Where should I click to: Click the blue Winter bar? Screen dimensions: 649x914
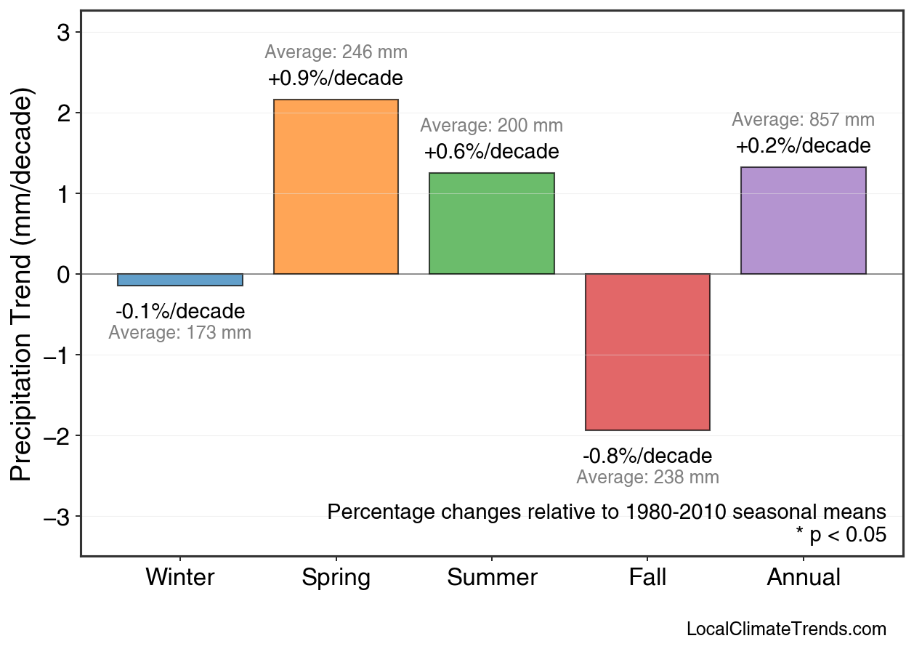coord(180,280)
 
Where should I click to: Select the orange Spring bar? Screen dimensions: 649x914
coord(336,187)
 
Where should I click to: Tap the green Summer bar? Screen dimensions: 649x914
coord(492,223)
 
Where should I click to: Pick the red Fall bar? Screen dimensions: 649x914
coord(647,352)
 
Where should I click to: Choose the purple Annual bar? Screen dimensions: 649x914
coord(804,220)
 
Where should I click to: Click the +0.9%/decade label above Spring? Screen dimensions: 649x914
coord(336,78)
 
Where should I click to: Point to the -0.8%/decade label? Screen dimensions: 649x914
coord(647,456)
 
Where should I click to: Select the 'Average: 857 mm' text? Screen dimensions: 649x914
coord(803,120)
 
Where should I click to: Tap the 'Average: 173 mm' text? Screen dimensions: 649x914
coord(179,333)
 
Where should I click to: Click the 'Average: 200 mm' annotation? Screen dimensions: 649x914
coord(491,125)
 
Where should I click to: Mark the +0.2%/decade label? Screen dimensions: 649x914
coord(803,146)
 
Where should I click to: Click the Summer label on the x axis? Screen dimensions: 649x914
coord(492,578)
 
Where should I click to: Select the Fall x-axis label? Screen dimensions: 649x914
coord(647,578)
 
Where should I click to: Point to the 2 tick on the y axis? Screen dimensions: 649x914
coord(63,113)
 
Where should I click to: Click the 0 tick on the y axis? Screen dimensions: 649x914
coord(63,275)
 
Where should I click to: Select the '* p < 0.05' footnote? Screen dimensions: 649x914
coord(841,536)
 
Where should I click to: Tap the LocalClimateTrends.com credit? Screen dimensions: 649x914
coord(786,629)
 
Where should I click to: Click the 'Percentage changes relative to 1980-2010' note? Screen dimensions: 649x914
coord(607,512)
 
